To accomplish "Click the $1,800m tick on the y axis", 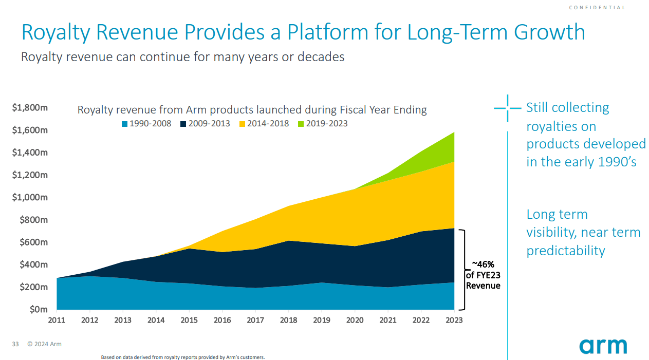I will pos(30,108).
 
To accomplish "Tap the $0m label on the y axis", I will pos(38,310).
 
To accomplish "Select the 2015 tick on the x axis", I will pos(189,320).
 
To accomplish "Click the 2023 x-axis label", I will pos(454,320).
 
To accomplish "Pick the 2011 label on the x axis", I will pos(57,320).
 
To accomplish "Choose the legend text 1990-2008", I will pos(150,124).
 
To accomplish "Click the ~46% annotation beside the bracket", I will pos(483,264).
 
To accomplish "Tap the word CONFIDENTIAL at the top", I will pos(597,8).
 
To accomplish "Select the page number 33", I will pos(15,344).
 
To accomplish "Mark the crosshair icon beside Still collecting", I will pos(507,108).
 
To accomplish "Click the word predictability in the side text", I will pos(565,251).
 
